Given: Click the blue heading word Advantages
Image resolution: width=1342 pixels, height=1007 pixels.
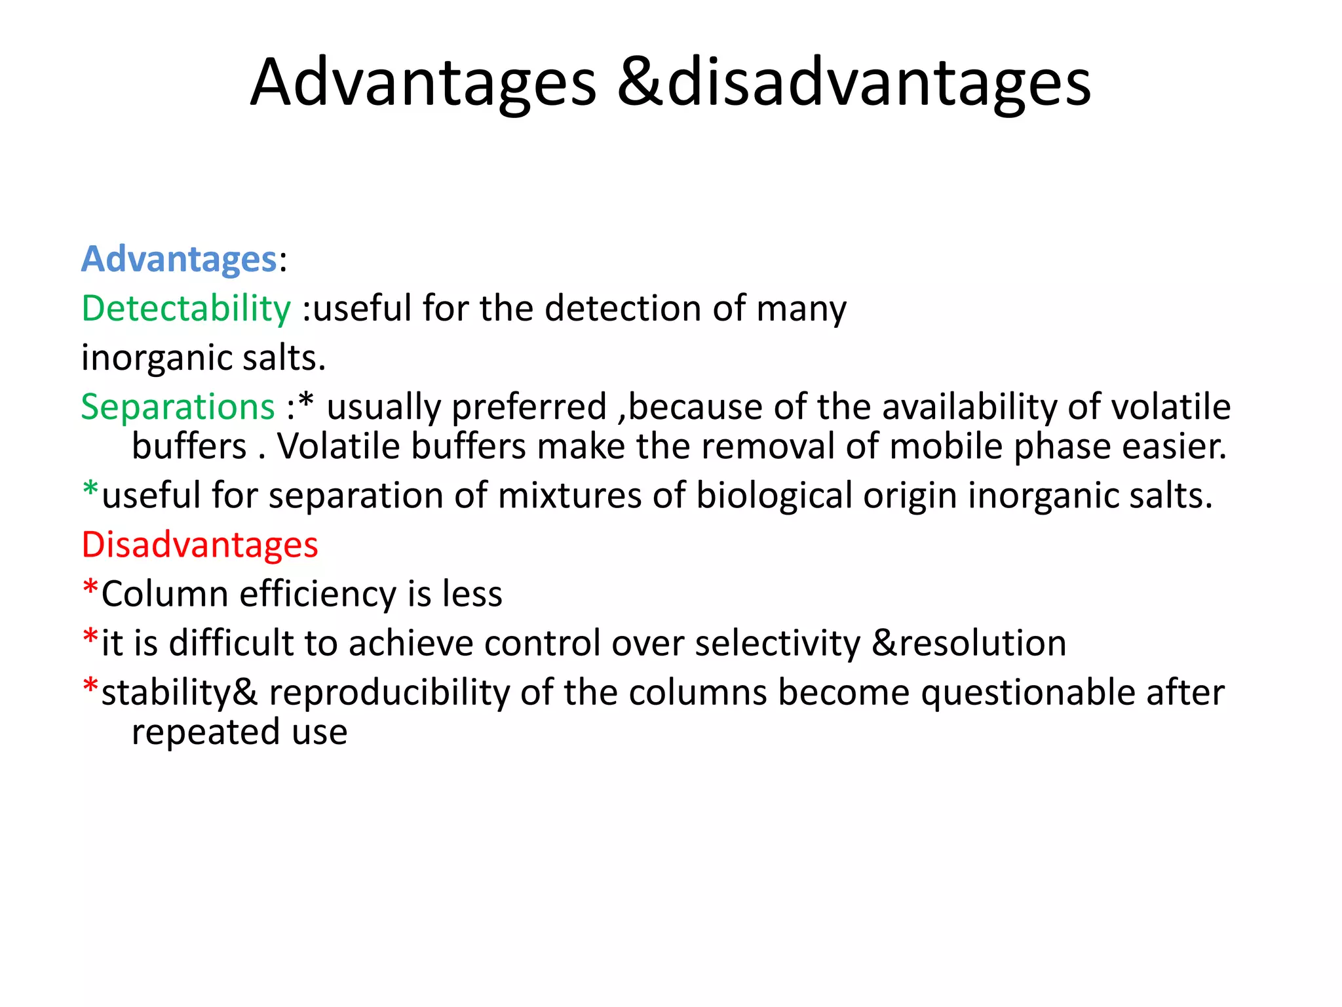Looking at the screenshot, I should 178,259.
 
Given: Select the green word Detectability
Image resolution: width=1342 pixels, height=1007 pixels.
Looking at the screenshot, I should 185,308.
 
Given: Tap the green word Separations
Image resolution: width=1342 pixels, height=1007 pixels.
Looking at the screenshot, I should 178,407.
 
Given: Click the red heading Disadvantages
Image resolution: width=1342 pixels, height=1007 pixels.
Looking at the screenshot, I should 199,545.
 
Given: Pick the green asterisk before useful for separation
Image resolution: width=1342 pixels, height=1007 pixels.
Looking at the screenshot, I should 90,491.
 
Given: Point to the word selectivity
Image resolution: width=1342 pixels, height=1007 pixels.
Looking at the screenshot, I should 777,643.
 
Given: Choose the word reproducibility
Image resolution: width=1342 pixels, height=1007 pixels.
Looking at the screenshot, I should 389,693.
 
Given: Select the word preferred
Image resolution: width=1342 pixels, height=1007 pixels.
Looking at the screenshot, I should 529,407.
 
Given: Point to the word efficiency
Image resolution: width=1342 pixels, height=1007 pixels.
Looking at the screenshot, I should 318,594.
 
